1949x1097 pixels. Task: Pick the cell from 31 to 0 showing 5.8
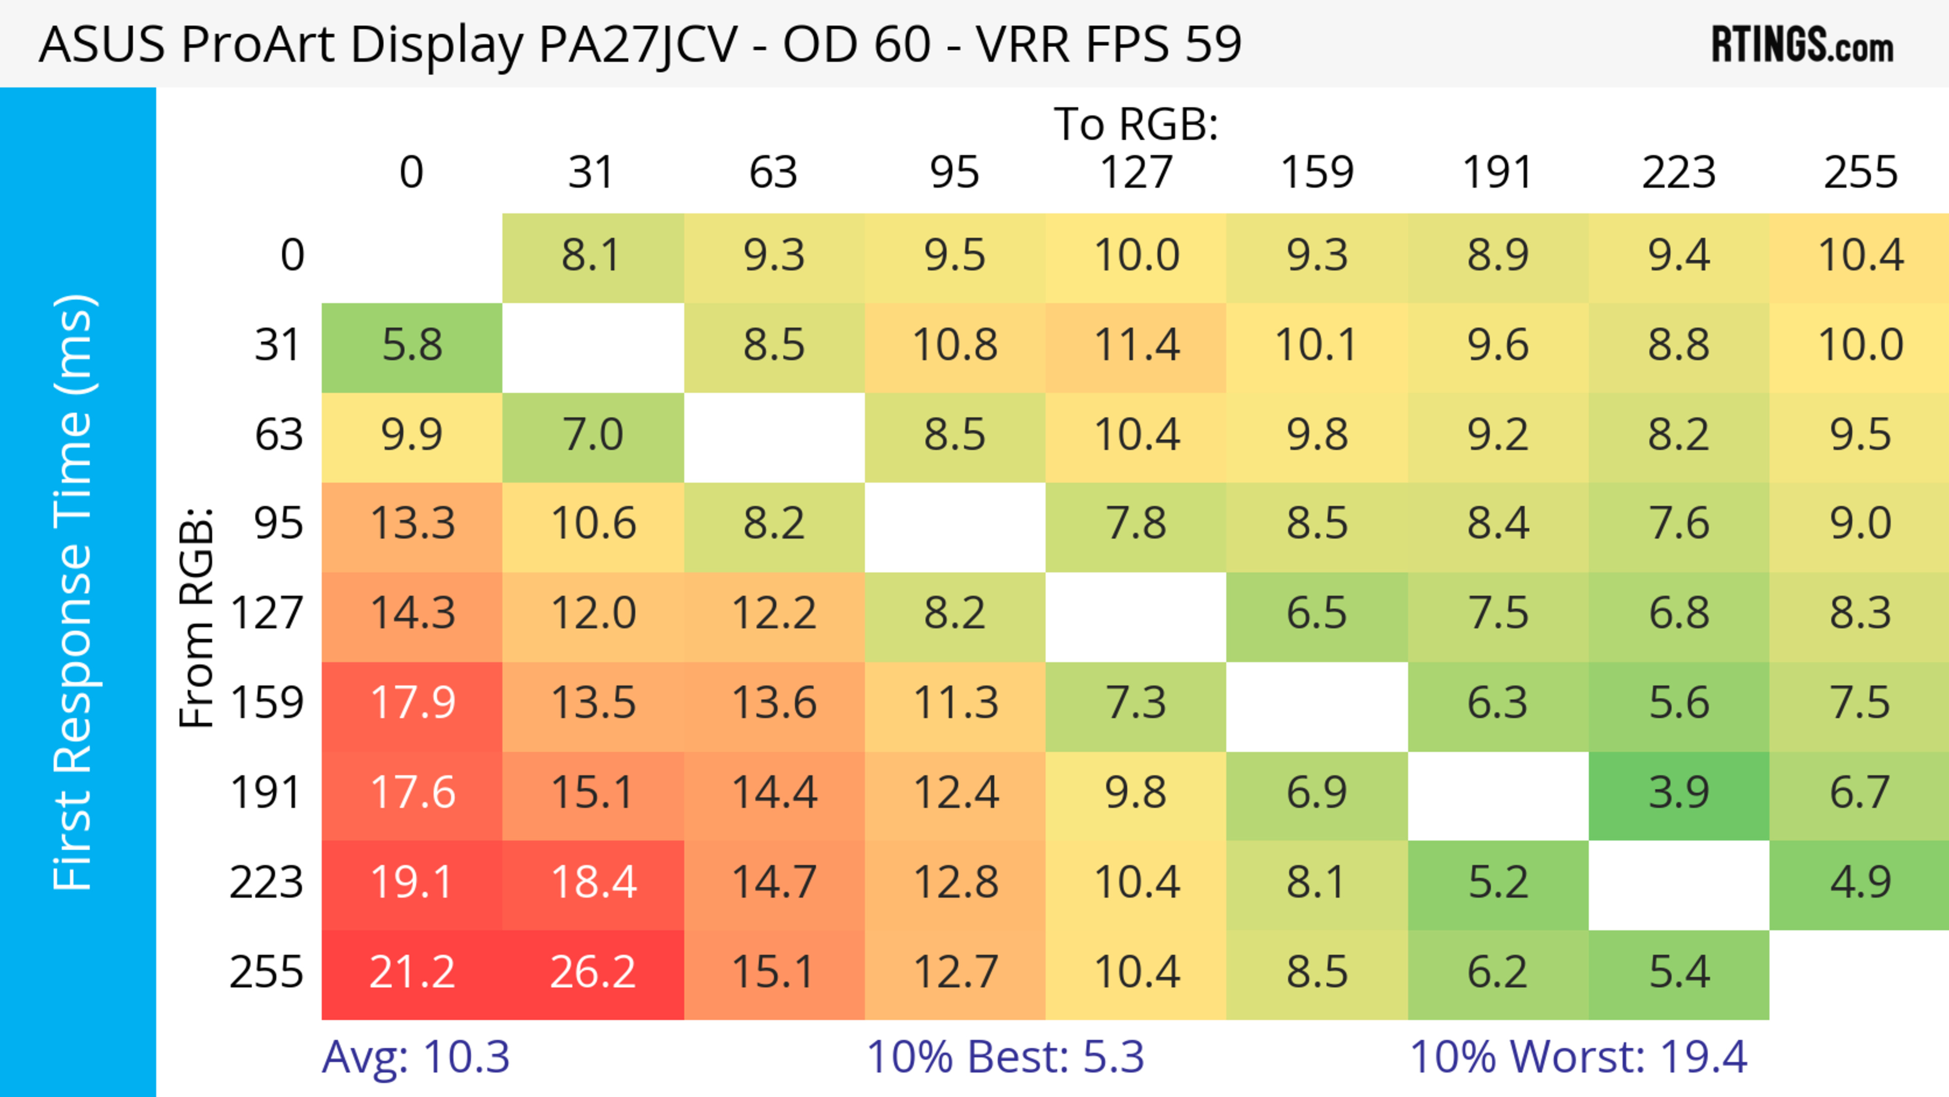click(x=412, y=346)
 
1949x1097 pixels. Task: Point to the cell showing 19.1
click(x=412, y=883)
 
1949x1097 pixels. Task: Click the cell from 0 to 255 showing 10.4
click(x=1860, y=256)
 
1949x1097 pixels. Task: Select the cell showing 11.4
click(x=1136, y=346)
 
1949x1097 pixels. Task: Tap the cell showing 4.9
click(x=1860, y=883)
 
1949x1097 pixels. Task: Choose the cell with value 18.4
click(x=593, y=883)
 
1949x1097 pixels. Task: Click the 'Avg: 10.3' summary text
click(x=415, y=1057)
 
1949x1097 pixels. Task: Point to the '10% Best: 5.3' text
click(x=1005, y=1057)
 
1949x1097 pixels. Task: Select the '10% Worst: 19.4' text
click(x=1578, y=1057)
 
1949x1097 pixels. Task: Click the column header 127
click(x=1136, y=173)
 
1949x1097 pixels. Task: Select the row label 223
click(x=266, y=883)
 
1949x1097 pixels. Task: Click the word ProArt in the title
click(x=257, y=45)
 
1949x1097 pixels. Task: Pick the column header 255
click(x=1860, y=173)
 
